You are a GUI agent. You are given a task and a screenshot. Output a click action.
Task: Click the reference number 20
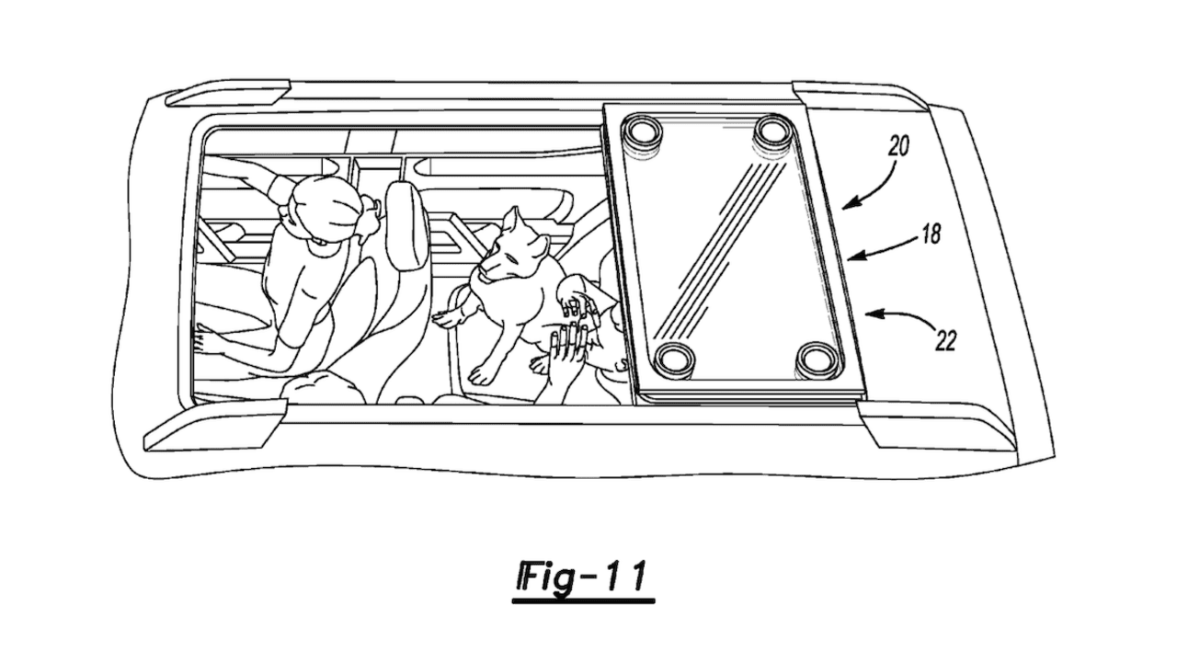tap(898, 146)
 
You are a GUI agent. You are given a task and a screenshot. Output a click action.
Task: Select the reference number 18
tap(931, 234)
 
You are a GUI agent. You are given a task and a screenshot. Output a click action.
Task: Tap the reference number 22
tap(945, 341)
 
